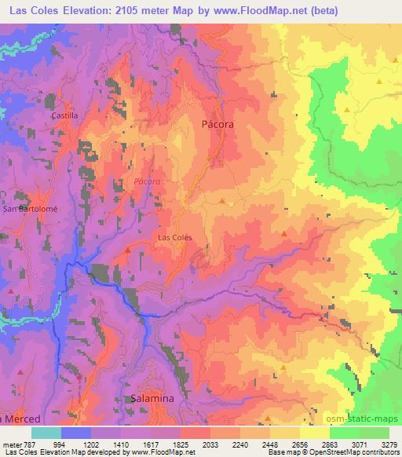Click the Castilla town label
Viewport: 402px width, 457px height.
[64, 115]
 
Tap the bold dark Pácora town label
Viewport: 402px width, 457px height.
[218, 124]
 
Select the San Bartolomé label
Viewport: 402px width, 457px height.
[26, 210]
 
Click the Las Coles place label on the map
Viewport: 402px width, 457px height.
[175, 236]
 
